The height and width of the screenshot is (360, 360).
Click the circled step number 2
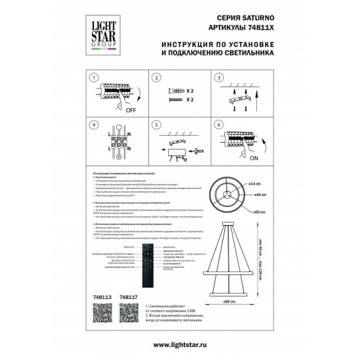156,79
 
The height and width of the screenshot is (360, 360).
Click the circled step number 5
156,126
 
